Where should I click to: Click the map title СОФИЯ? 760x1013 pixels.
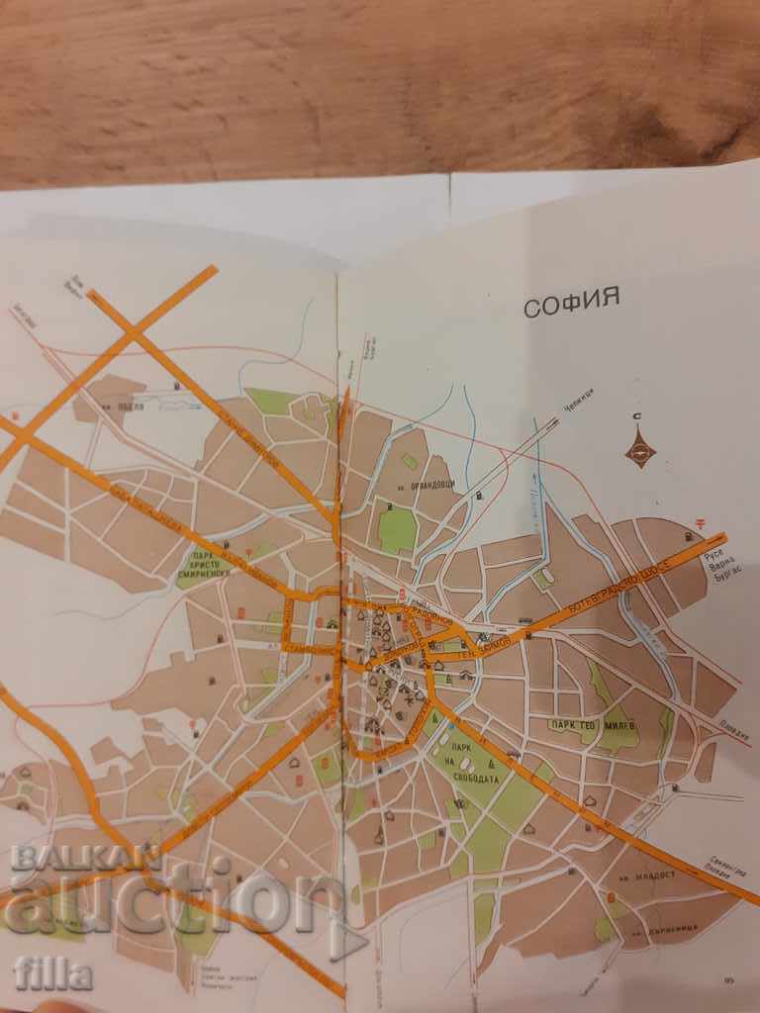(x=572, y=302)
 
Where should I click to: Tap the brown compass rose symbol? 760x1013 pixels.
(x=640, y=452)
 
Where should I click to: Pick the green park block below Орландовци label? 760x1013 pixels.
(x=398, y=531)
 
